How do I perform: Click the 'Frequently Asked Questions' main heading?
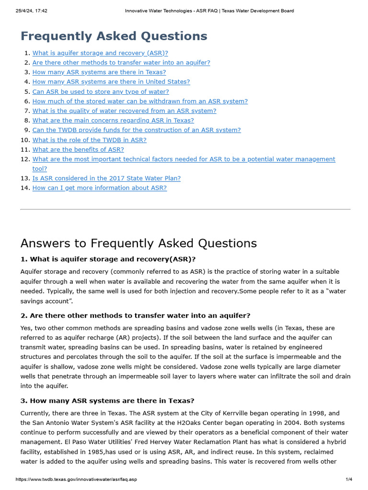(114, 36)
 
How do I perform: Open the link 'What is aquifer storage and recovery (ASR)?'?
(100, 53)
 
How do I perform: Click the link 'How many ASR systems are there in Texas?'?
(99, 72)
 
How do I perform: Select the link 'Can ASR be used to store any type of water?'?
(101, 91)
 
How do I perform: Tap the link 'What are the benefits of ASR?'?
(78, 149)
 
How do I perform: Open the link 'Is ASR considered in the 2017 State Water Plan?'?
(106, 178)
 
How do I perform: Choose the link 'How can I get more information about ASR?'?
(100, 188)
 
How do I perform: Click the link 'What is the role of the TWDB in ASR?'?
(89, 140)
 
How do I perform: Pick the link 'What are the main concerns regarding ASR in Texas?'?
(113, 121)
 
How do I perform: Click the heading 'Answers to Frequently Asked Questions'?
(138, 243)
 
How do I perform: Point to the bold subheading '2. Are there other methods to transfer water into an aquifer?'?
(135, 315)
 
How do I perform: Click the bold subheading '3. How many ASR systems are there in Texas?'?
(107, 401)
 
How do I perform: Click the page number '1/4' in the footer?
(349, 479)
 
